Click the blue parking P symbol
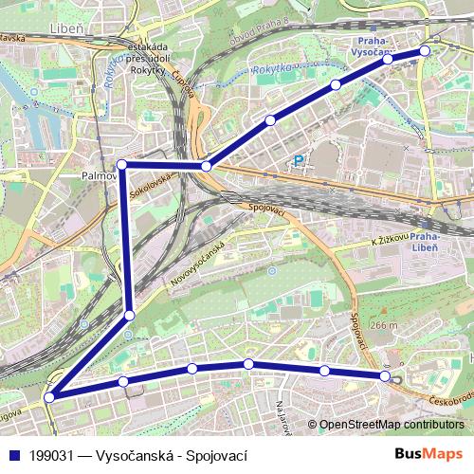pyautogui.click(x=301, y=161)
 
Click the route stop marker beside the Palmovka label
pyautogui.click(x=121, y=165)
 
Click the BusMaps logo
pyautogui.click(x=428, y=454)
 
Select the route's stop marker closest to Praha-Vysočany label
pyautogui.click(x=388, y=59)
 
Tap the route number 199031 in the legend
pyautogui.click(x=52, y=455)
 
